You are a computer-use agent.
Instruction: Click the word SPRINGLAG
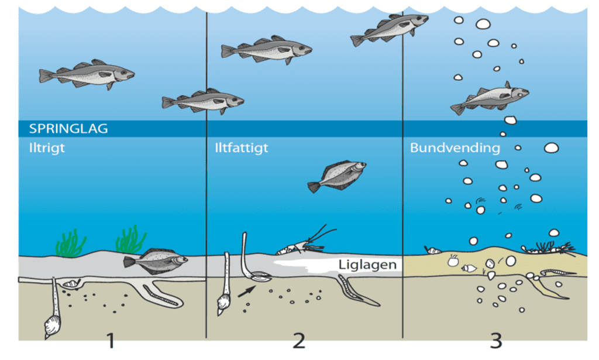(68, 128)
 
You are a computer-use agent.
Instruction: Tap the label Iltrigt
(47, 148)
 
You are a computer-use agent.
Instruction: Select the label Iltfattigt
(242, 148)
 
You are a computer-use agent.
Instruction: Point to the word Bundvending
(455, 148)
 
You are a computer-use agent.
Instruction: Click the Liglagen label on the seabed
(367, 265)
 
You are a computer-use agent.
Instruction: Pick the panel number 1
(111, 341)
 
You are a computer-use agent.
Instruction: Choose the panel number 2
(299, 341)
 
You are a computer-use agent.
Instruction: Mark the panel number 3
(496, 341)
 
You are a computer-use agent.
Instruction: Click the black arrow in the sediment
(246, 292)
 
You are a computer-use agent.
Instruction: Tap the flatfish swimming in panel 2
(337, 176)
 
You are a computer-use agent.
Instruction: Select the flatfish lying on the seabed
(155, 261)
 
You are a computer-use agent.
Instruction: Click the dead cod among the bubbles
(490, 98)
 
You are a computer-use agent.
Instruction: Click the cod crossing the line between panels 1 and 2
(203, 101)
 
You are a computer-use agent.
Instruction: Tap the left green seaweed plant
(71, 244)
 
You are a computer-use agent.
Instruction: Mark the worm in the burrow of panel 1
(163, 296)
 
